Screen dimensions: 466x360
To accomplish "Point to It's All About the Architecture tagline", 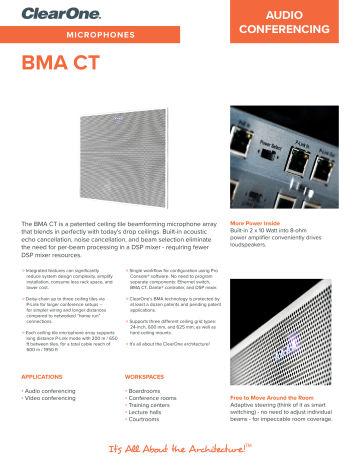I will (180, 446).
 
